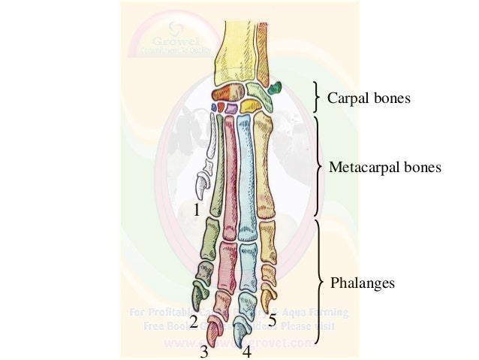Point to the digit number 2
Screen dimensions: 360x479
194,323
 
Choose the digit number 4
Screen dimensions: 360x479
246,351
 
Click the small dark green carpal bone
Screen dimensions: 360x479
274,86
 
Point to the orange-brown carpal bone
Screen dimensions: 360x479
223,94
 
